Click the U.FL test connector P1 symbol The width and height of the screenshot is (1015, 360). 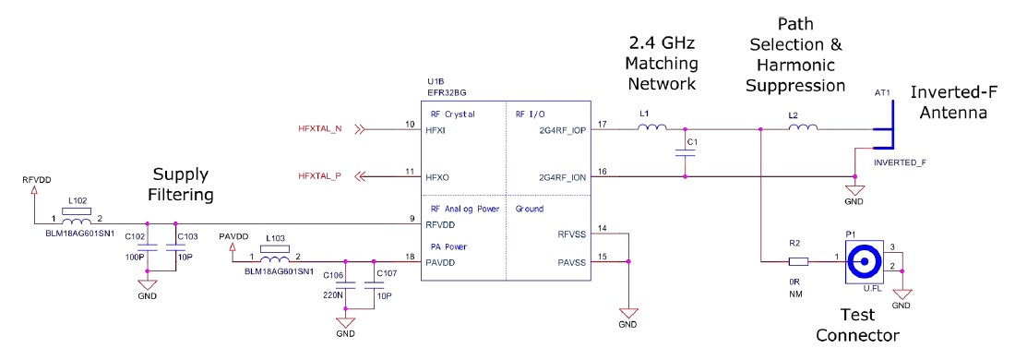tap(866, 261)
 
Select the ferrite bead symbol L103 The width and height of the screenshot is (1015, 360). tap(274, 259)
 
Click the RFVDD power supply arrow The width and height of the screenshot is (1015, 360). tap(33, 192)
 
